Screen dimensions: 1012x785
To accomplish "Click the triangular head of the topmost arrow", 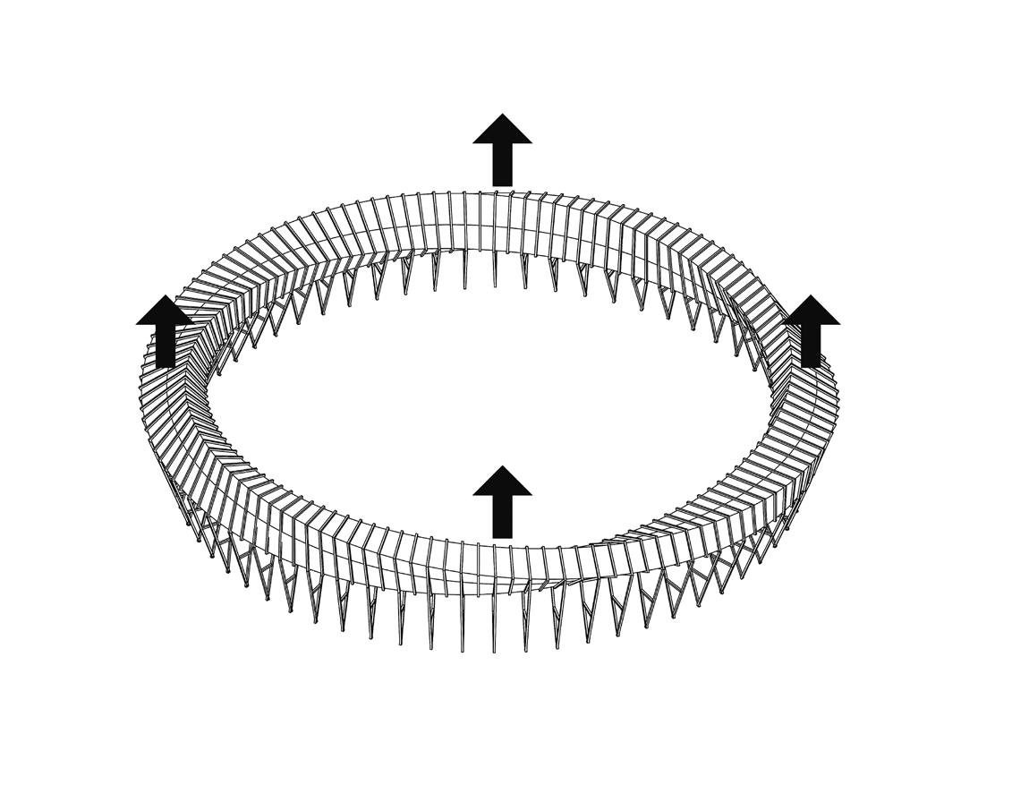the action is (x=503, y=131).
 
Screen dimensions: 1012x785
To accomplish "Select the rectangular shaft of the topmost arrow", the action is (x=503, y=165).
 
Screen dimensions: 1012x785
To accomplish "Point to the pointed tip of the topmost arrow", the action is (x=503, y=115).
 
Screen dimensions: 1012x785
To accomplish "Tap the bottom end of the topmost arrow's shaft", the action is (x=503, y=185).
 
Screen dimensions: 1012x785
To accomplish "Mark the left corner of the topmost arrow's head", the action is (x=474, y=142).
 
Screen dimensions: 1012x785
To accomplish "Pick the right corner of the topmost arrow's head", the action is (x=532, y=142).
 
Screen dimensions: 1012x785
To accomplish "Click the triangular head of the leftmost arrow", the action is (x=166, y=312).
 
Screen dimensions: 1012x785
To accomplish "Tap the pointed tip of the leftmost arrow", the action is (x=166, y=296).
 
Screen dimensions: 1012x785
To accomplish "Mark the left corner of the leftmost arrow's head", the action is (x=137, y=323).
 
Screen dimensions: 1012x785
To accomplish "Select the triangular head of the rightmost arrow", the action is (x=811, y=312).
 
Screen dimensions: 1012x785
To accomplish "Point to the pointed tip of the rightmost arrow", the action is (x=811, y=295).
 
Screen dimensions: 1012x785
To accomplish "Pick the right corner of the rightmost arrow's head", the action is (x=839, y=323).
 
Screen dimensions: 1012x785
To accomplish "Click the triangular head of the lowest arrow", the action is (x=503, y=482).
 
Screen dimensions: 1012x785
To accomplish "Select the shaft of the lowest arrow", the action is (x=503, y=516).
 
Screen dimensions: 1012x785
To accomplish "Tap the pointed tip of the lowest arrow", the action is (x=503, y=466).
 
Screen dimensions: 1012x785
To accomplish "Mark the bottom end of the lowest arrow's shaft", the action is (x=503, y=537).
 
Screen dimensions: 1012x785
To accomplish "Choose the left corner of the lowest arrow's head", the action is (x=474, y=494).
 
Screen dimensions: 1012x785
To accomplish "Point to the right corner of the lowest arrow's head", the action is (x=532, y=494).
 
